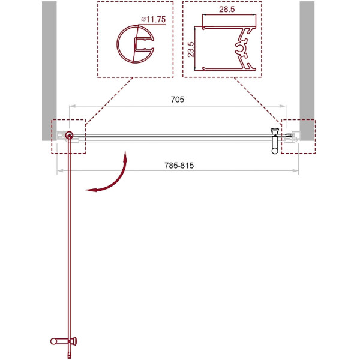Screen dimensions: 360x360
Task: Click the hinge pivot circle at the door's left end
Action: pyautogui.click(x=70, y=136)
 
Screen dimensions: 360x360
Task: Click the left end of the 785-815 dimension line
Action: pyautogui.click(x=57, y=172)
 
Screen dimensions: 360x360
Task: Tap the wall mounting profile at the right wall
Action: pyautogui.click(x=292, y=137)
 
